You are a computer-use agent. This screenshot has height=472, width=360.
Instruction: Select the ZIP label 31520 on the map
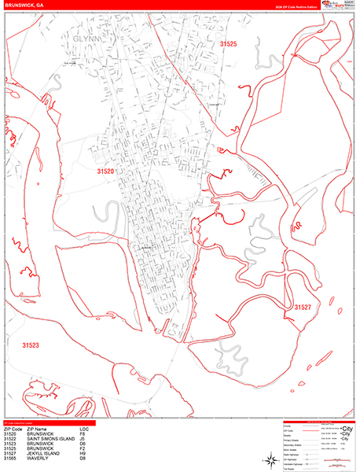(106, 171)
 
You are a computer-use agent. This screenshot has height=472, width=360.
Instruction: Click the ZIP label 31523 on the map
(31, 345)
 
